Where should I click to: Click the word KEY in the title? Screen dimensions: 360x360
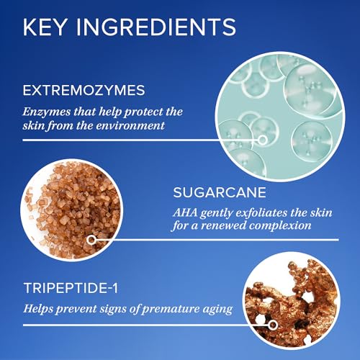[x=45, y=27]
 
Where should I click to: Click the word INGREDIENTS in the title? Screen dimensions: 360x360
[x=156, y=27]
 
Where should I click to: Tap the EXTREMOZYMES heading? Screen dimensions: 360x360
[x=84, y=90]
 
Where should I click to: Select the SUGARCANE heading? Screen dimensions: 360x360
[x=220, y=192]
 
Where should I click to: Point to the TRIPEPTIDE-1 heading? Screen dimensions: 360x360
[x=71, y=288]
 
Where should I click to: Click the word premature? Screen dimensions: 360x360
[x=170, y=310]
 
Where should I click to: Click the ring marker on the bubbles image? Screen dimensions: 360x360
[x=263, y=140]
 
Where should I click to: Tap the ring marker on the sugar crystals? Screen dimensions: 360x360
[x=91, y=240]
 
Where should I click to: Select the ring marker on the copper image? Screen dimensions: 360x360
[x=273, y=325]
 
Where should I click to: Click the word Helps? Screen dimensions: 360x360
[x=38, y=309]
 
